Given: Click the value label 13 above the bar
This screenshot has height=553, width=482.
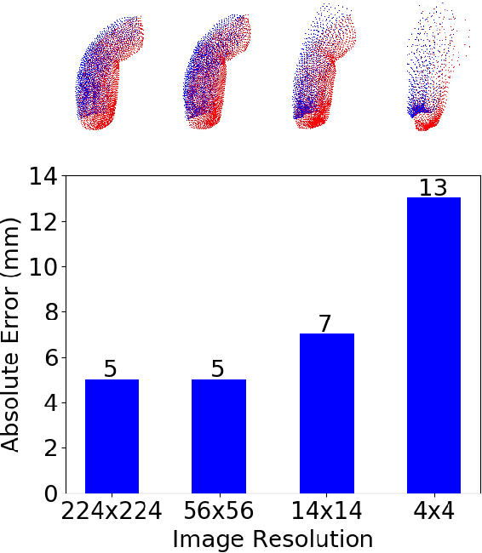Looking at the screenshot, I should pos(433,187).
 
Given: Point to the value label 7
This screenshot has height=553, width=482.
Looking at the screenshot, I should pos(326,324).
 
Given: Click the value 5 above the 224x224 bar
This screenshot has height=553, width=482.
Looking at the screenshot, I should pos(112,369).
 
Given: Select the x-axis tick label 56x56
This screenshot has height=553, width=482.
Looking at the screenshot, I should pos(219,511).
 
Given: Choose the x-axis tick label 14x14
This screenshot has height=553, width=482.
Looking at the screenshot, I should pos(326,511).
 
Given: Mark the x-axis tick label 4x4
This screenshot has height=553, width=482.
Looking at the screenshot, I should pos(433,511).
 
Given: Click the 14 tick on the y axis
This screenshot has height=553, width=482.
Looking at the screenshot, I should pos(43,177).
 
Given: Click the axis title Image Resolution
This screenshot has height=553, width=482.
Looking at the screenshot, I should pos(273,539).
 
